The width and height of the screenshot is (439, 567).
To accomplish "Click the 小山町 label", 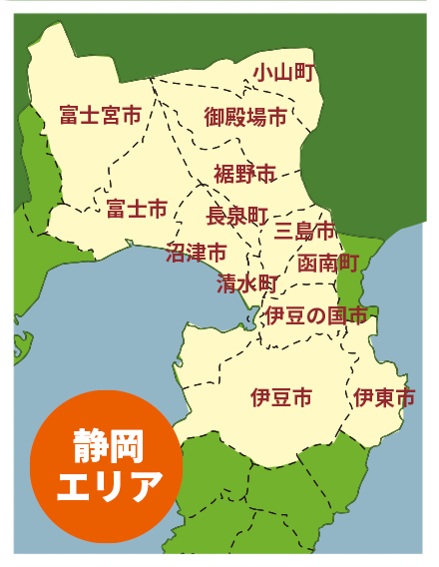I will coord(284,72).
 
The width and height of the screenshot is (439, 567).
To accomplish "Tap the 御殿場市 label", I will coord(245,117).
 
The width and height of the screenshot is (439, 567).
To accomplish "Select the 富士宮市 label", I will coord(100,115).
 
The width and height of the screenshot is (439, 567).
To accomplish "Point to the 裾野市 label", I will coord(244,174).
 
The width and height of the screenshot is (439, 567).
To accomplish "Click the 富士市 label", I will coord(137,209).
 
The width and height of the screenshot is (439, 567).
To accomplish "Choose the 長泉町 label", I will coord(237,215).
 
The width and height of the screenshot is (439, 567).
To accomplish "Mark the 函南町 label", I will coord(328,263).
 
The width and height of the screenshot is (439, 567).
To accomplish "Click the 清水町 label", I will coord(246,283).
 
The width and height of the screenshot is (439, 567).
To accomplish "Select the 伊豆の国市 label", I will coord(315,316).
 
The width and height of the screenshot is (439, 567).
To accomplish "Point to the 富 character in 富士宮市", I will coord(68,115).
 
